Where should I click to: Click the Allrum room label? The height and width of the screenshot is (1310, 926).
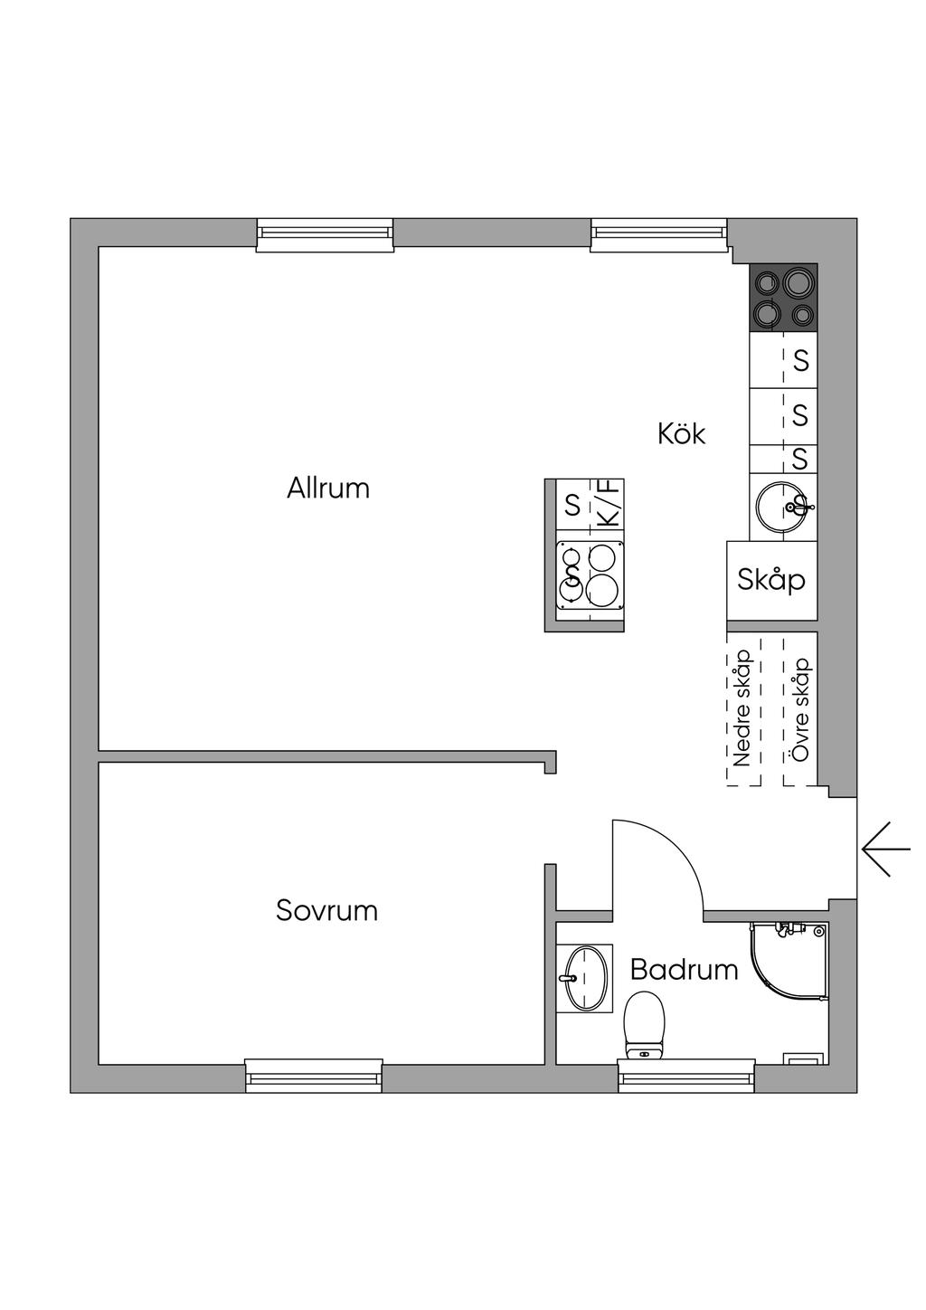click(x=328, y=488)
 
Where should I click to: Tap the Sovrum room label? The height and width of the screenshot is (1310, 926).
click(x=326, y=910)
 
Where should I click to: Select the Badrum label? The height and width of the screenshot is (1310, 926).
click(x=684, y=970)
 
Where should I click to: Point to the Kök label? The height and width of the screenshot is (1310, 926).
click(x=682, y=433)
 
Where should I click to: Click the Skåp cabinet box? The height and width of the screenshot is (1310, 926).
click(x=771, y=581)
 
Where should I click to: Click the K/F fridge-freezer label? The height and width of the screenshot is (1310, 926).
click(x=609, y=504)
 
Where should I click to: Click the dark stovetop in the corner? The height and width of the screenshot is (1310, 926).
click(x=783, y=298)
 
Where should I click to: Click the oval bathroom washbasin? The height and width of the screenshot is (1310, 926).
click(x=583, y=978)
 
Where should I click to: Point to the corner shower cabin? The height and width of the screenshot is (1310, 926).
click(x=789, y=966)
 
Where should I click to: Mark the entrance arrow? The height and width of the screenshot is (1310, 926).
click(x=885, y=849)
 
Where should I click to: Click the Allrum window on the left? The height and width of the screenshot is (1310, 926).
click(x=325, y=234)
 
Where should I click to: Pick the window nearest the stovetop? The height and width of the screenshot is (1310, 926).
click(x=659, y=234)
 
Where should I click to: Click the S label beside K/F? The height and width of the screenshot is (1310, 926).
click(x=573, y=504)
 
